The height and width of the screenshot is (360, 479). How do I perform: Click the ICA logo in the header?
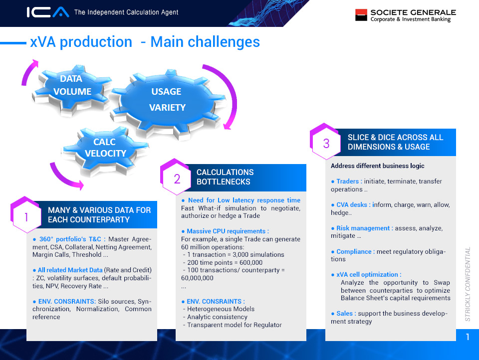point(48,12)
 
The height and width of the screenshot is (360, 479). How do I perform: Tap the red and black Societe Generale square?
point(361,15)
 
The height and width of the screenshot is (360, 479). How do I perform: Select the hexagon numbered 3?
point(325,142)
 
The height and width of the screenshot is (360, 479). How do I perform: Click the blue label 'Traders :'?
point(349,181)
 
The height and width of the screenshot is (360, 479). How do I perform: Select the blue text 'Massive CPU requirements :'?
point(228,231)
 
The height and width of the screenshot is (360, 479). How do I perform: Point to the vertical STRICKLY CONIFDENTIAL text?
point(468,284)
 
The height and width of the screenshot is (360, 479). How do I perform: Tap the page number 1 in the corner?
point(468,337)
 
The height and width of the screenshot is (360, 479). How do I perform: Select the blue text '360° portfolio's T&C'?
point(70,239)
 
